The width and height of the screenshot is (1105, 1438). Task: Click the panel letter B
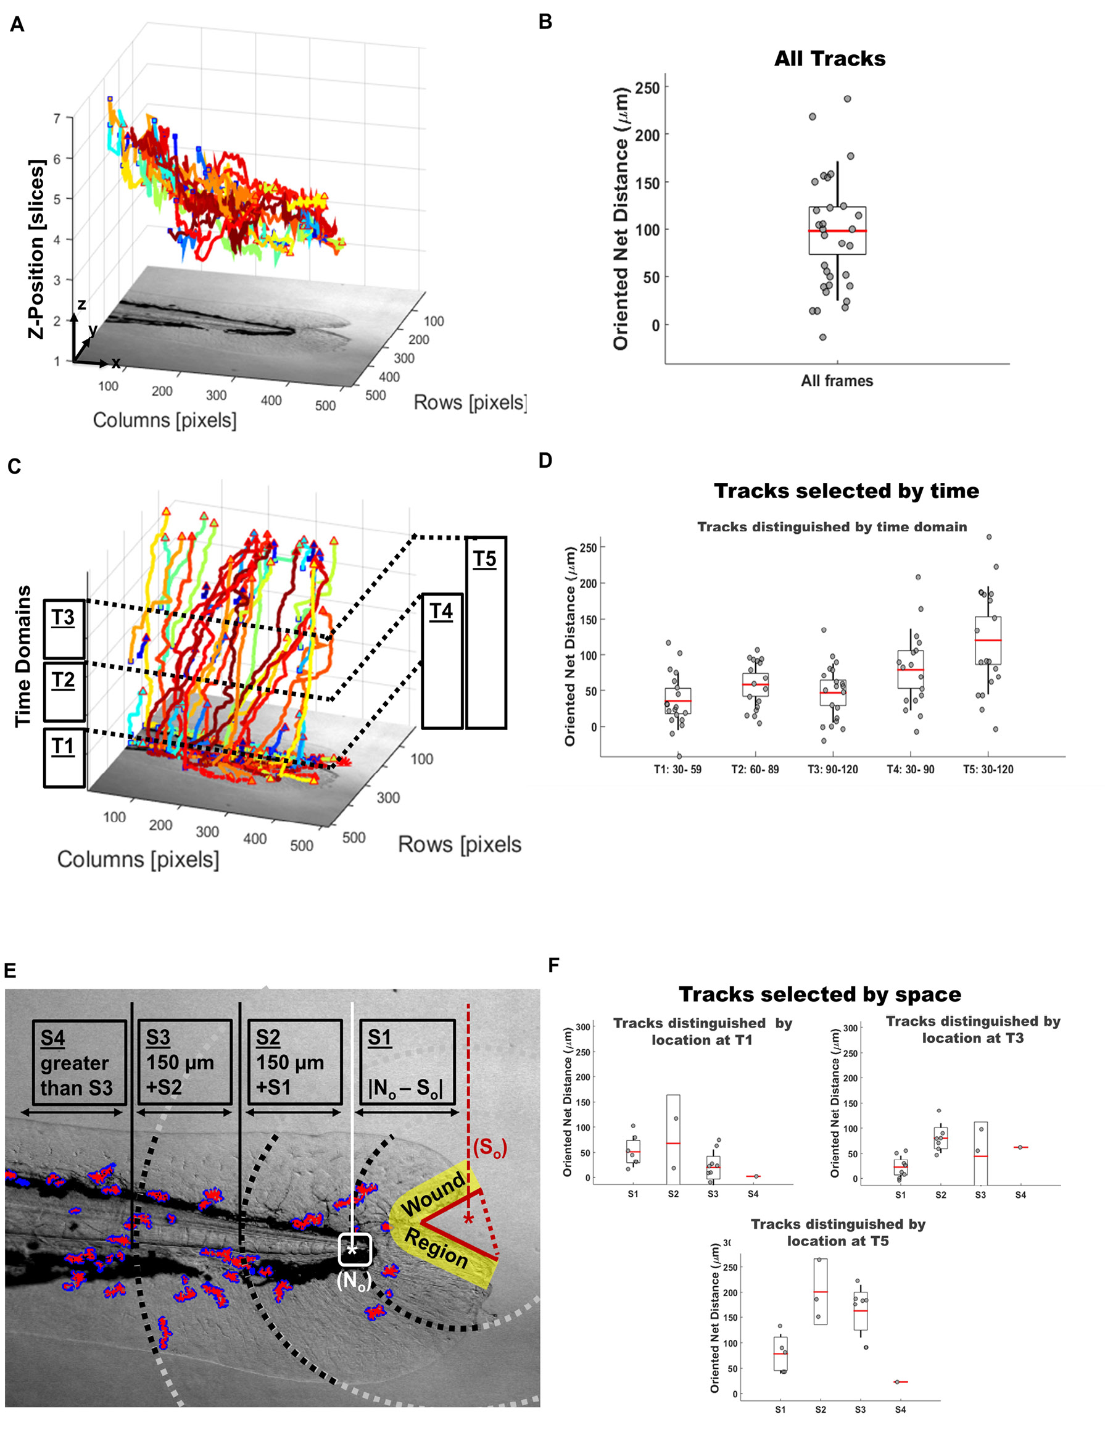tap(545, 22)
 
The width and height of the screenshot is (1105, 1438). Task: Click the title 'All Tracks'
tap(829, 59)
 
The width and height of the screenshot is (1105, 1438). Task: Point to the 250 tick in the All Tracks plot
tap(647, 88)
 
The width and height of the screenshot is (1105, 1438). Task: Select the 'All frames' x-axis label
tap(837, 381)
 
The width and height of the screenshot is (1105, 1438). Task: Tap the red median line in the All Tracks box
tap(837, 231)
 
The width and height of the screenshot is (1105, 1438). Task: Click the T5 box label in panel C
tap(485, 559)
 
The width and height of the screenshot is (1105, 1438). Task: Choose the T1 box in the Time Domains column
tap(64, 757)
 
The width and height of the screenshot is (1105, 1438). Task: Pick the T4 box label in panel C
tap(441, 612)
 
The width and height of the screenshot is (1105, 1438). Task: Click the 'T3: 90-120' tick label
tap(833, 770)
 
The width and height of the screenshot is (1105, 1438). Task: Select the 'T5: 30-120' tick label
tap(988, 770)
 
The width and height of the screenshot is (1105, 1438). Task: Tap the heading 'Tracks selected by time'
tap(846, 491)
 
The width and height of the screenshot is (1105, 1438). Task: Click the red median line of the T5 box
tap(988, 640)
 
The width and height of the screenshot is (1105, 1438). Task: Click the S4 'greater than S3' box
tap(79, 1062)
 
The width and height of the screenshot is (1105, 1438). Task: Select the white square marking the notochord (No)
tap(355, 1249)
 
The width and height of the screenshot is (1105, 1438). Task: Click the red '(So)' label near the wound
tap(490, 1148)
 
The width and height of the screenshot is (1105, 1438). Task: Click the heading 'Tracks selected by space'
tap(819, 994)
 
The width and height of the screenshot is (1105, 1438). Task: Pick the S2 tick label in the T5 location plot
tap(820, 1410)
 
